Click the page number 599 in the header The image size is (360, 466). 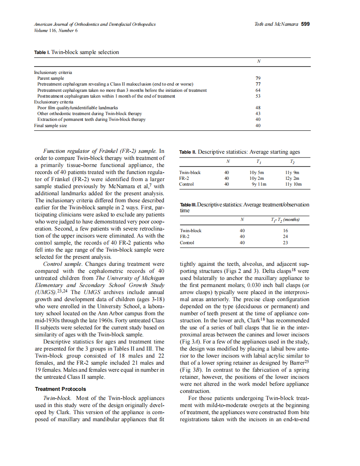pos(305,24)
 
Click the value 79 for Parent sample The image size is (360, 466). pos(258,78)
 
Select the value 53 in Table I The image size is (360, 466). pos(258,96)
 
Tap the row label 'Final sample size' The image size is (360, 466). pos(50,125)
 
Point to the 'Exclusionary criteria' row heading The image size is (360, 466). pos(54,102)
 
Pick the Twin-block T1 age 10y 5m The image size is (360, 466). pos(256,172)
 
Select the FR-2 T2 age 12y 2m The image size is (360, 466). pos(292,178)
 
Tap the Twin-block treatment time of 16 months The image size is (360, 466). pos(285,231)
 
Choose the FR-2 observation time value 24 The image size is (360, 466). pos(285,236)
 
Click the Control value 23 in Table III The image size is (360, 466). pos(285,243)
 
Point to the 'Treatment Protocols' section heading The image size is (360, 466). pos(61,389)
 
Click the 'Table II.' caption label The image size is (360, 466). pos(188,152)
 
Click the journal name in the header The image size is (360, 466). pos(95,25)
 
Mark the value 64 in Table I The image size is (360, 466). pos(258,90)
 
